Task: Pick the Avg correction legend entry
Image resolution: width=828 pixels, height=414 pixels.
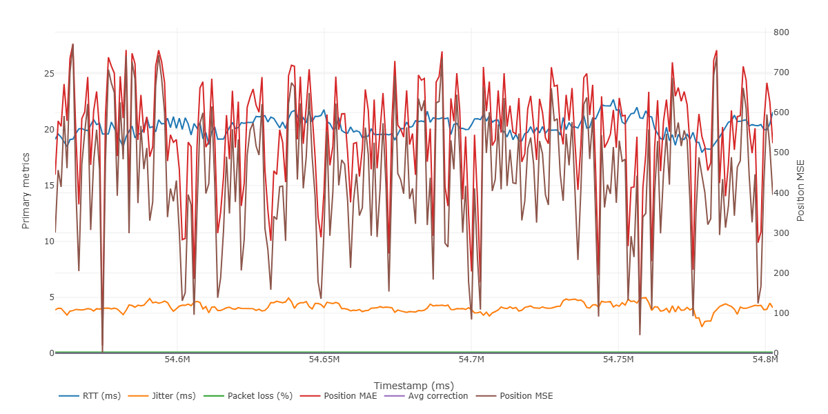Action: click(x=428, y=396)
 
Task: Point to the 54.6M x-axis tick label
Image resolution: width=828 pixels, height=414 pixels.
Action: click(x=177, y=360)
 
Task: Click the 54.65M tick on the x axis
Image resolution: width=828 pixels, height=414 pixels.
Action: click(x=324, y=360)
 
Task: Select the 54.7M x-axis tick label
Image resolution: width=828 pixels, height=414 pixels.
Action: click(x=471, y=360)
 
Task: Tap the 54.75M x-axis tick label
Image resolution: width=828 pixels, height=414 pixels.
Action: click(x=618, y=360)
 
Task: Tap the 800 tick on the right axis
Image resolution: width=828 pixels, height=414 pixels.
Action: click(x=781, y=32)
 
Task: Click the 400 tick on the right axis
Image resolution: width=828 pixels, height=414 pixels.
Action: click(x=781, y=193)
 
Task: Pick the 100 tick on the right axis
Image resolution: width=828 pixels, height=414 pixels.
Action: click(x=781, y=313)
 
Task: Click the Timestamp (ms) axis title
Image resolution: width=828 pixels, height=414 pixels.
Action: click(x=413, y=385)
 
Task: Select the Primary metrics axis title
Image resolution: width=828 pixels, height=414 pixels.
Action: click(x=26, y=192)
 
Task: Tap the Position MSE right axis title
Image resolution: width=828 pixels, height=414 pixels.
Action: click(x=801, y=192)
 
